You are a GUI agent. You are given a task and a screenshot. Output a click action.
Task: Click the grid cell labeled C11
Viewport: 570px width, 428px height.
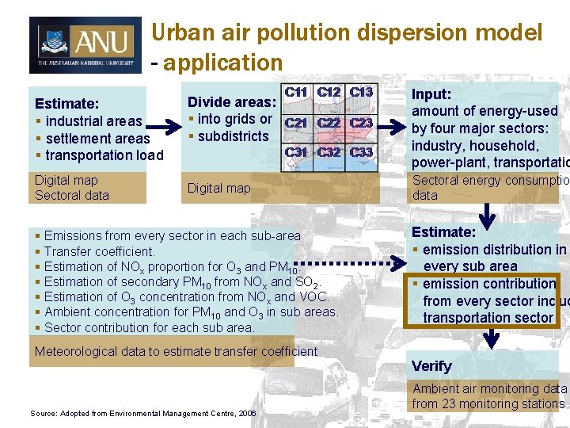click(x=296, y=92)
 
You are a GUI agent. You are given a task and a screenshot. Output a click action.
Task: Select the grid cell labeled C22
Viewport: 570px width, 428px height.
click(x=329, y=123)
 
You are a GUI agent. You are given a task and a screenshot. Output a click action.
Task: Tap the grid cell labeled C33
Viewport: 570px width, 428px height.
click(x=361, y=152)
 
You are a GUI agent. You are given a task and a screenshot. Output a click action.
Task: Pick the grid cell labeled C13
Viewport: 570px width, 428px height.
click(x=361, y=92)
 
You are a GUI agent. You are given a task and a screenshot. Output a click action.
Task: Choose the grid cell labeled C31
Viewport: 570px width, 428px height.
click(x=296, y=152)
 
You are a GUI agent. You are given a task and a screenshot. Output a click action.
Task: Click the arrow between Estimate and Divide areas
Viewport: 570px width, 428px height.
click(x=164, y=127)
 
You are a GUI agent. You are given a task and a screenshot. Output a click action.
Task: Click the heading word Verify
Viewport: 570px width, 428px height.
click(x=431, y=366)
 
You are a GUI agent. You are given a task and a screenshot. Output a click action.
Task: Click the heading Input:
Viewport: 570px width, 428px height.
click(x=431, y=94)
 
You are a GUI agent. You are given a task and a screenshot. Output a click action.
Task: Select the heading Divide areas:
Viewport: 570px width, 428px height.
click(x=231, y=102)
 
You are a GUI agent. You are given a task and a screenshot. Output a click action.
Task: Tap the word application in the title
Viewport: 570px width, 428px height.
click(x=223, y=63)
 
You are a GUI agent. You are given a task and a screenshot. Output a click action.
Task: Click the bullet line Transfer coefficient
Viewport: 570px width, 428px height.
click(x=100, y=251)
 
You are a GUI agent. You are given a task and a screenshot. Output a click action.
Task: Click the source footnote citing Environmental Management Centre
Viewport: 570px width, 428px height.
click(x=142, y=413)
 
